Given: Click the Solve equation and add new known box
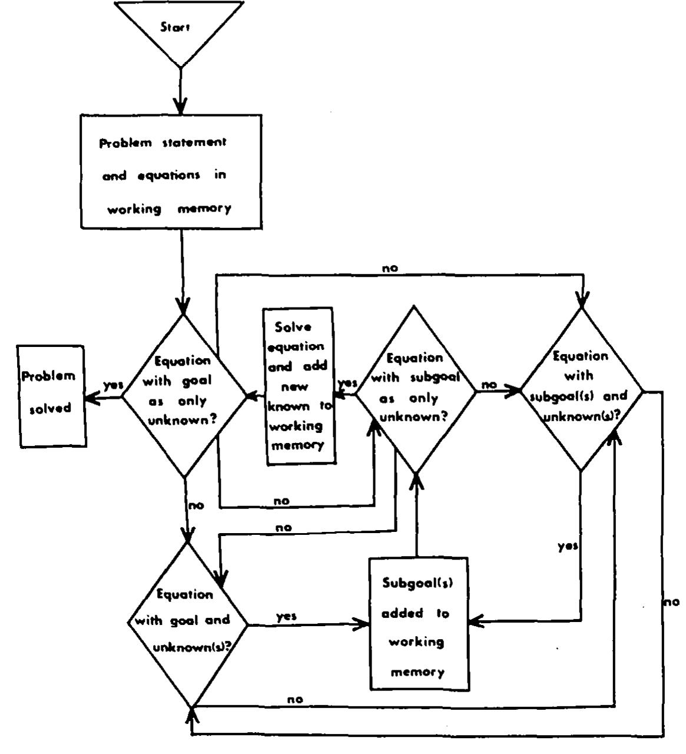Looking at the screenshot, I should (x=299, y=386).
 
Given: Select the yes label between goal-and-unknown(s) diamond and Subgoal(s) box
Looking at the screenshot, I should (x=286, y=616).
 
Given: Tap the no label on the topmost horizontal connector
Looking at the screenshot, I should (x=390, y=268).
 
